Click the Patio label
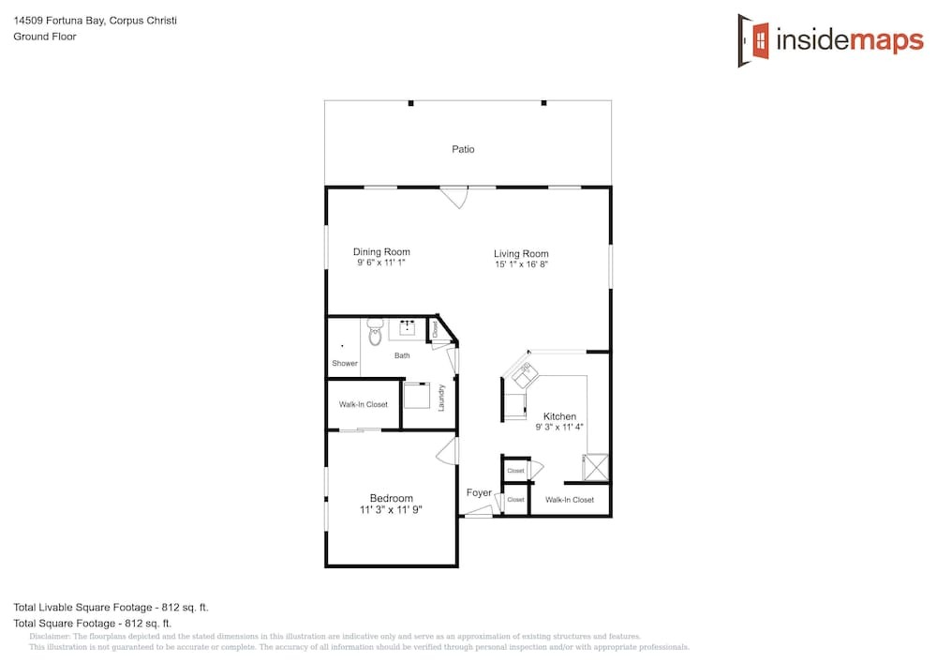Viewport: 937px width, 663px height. coord(463,149)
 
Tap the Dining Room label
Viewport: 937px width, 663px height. coord(381,252)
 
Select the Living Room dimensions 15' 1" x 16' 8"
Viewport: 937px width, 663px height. coord(521,264)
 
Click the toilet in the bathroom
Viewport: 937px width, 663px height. coord(375,332)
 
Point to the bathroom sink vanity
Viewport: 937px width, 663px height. coord(408,328)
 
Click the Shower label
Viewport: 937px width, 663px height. coord(345,364)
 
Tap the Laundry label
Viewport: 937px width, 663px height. coord(441,398)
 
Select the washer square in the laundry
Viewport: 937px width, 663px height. coord(417,395)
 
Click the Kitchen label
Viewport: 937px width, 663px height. coord(560,416)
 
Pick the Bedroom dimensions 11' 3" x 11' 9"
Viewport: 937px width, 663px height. coord(391,510)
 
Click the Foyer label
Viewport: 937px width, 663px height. coord(479,492)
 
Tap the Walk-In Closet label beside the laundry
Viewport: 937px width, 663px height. coord(364,405)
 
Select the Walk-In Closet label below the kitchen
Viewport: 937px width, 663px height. coord(570,500)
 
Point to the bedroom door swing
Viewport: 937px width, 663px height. coord(447,451)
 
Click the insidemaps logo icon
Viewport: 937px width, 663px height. coord(753,40)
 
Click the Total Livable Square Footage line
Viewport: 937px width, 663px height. coord(112,608)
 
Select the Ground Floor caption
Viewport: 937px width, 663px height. coord(45,37)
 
